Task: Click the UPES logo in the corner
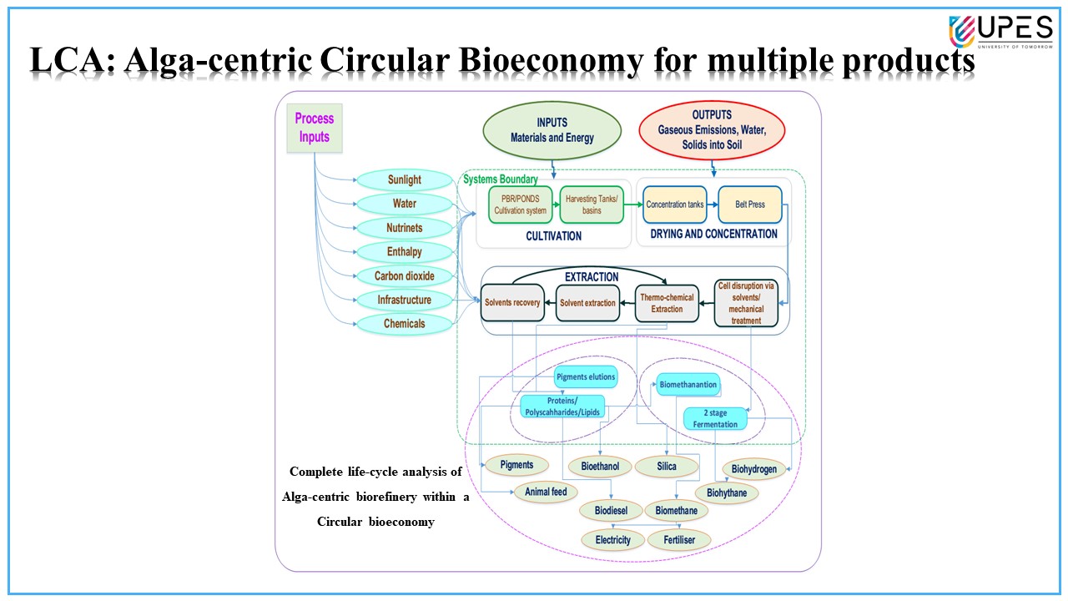1000,32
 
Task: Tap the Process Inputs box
314,128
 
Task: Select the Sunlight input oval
404,180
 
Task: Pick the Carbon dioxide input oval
404,276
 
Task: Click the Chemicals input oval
404,324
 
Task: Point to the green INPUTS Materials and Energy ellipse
553,129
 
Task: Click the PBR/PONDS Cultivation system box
519,205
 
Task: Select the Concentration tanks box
675,205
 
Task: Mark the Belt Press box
749,205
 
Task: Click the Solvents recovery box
512,303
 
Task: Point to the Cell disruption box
746,303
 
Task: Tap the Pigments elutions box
585,377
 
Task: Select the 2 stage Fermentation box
715,418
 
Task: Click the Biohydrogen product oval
753,469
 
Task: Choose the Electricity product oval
613,540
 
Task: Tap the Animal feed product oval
546,492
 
